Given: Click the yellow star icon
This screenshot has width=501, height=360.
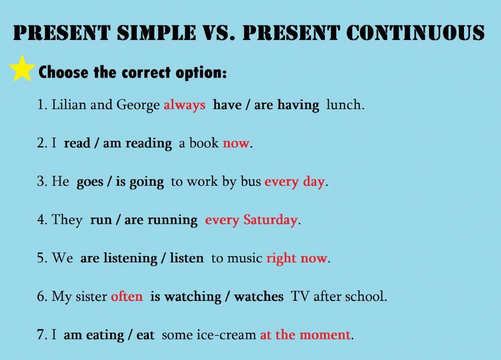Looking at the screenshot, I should coord(22,69).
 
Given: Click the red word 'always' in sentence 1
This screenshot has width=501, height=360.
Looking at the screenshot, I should coord(184,105).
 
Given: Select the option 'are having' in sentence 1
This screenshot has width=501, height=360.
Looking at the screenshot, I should coord(287,105).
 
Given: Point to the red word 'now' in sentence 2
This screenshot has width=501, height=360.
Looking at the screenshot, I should coord(235,144).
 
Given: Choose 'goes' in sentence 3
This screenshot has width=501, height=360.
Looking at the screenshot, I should coord(90,182).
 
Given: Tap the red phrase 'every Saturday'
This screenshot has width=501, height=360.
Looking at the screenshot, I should coord(251,220).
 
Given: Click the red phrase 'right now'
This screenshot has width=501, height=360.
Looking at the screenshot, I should coord(297,258).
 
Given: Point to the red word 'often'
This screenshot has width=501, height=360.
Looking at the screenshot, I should coord(127,296).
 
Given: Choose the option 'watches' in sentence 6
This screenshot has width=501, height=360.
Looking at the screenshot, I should coord(259,296).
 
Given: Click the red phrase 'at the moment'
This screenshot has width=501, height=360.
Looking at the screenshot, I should coord(305,334).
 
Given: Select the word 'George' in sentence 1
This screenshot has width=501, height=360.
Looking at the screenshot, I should coord(138,105).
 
